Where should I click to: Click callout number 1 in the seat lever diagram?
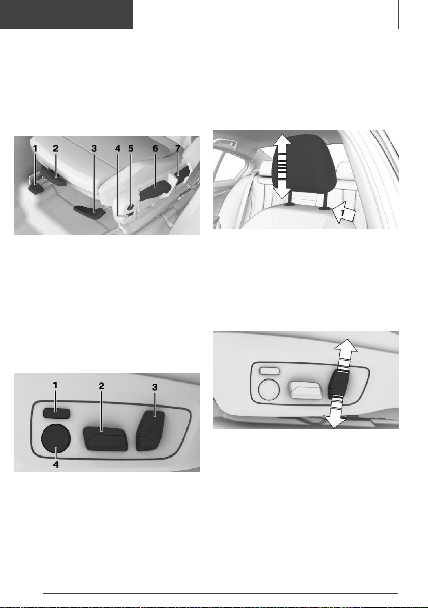35,148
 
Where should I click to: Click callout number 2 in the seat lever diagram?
56,148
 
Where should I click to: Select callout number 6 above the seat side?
155,148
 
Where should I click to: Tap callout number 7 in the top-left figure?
178,148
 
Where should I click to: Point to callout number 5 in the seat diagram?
131,148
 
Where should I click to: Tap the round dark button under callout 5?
131,207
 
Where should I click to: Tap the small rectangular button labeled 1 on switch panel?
57,413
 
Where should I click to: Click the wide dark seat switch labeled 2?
105,439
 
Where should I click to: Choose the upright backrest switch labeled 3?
151,430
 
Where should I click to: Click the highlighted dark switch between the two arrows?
340,384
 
